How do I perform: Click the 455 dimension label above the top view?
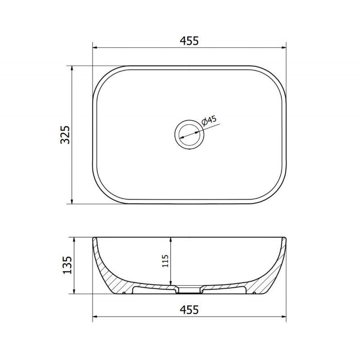click(x=189, y=41)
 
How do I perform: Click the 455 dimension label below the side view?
click(x=189, y=310)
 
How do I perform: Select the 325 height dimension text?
click(x=65, y=135)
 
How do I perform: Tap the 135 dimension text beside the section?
click(x=67, y=265)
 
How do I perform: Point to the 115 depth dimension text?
click(x=165, y=261)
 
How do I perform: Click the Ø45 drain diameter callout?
click(x=209, y=121)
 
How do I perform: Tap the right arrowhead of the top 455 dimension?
click(x=283, y=48)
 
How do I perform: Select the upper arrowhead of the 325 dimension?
click(x=72, y=69)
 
